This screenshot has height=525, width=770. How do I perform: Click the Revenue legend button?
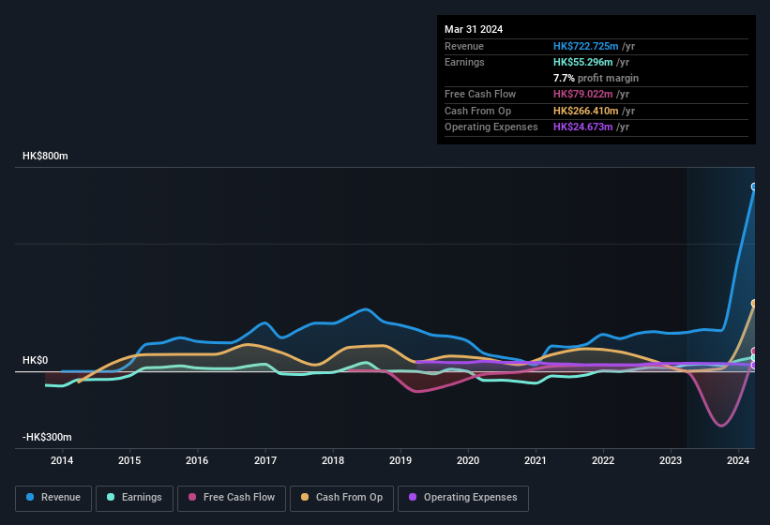pyautogui.click(x=54, y=498)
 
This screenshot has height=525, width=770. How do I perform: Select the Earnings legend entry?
pyautogui.click(x=134, y=498)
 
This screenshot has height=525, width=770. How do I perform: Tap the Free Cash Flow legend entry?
pyautogui.click(x=232, y=498)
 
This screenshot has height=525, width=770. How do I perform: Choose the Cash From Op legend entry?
pyautogui.click(x=341, y=498)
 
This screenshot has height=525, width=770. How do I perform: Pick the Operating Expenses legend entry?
pyautogui.click(x=462, y=498)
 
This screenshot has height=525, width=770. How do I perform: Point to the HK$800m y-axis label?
pyautogui.click(x=45, y=156)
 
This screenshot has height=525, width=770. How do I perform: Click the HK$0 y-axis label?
pyautogui.click(x=35, y=361)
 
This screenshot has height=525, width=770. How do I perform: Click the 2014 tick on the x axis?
pyautogui.click(x=62, y=460)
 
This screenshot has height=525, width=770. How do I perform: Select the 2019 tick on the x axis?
pyautogui.click(x=400, y=460)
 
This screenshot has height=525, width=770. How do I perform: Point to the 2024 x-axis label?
pyautogui.click(x=738, y=460)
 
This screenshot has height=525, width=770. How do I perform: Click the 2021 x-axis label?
pyautogui.click(x=536, y=460)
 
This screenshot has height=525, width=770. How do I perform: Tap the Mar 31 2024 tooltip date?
pyautogui.click(x=474, y=29)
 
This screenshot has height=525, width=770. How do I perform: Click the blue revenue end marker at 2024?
pyautogui.click(x=754, y=187)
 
